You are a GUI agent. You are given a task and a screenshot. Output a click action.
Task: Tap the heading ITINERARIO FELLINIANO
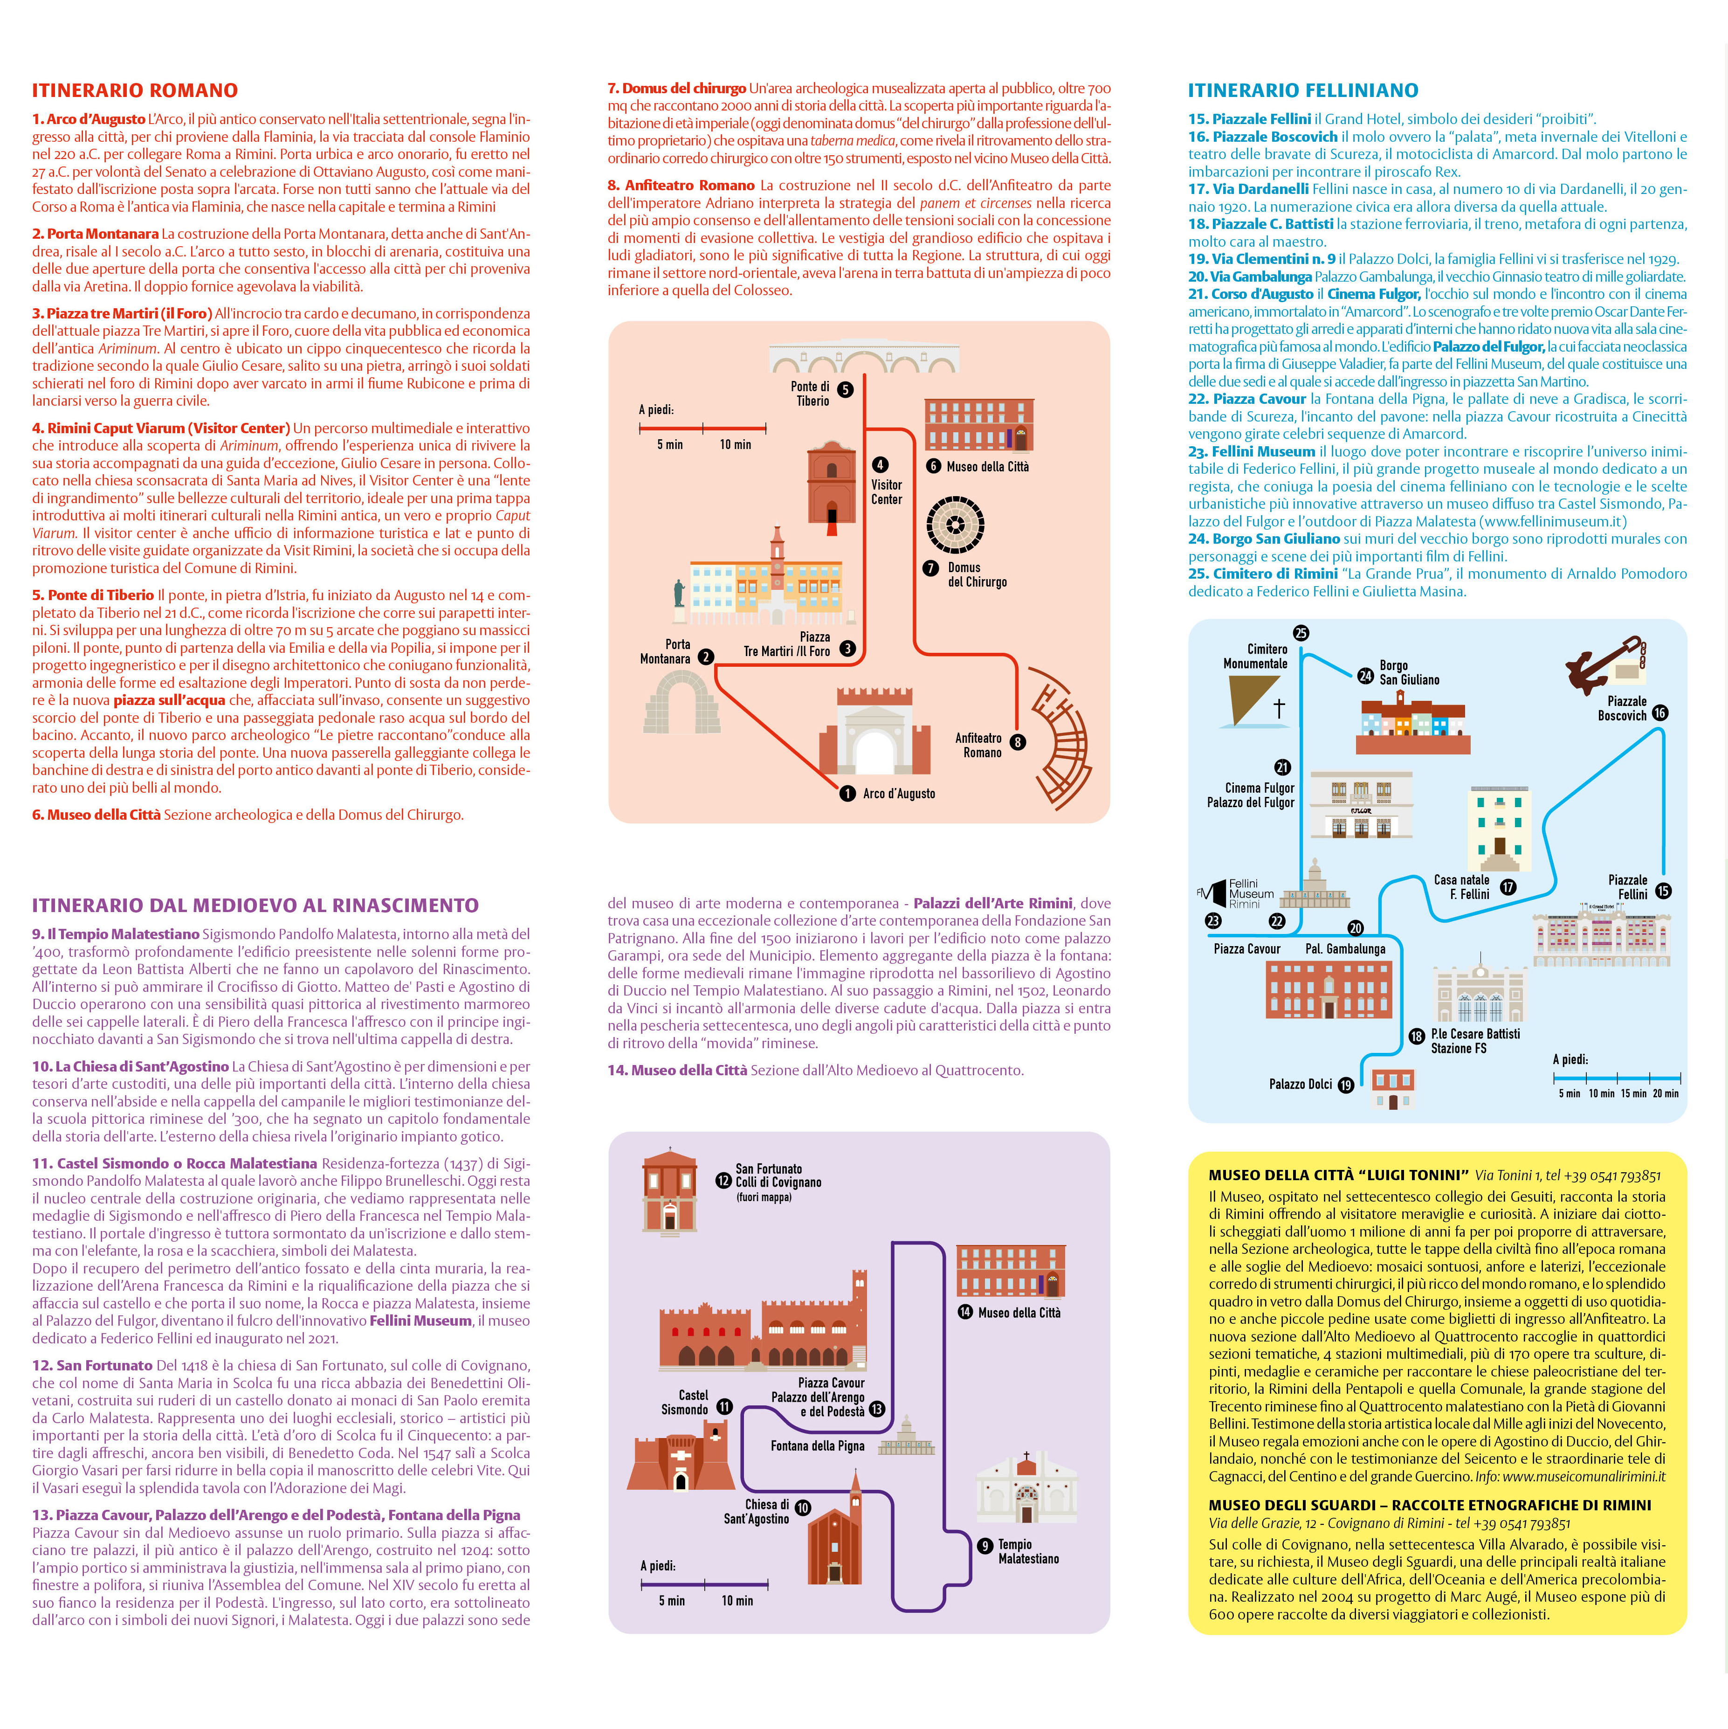[x=1303, y=90]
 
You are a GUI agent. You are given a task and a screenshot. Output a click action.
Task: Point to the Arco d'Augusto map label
[x=898, y=794]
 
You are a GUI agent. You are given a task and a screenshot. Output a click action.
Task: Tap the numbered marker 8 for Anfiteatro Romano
[x=1018, y=742]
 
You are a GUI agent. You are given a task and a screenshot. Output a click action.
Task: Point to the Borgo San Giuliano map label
[x=1410, y=673]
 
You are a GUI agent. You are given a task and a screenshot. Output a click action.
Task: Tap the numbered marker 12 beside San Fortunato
[x=723, y=1180]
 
